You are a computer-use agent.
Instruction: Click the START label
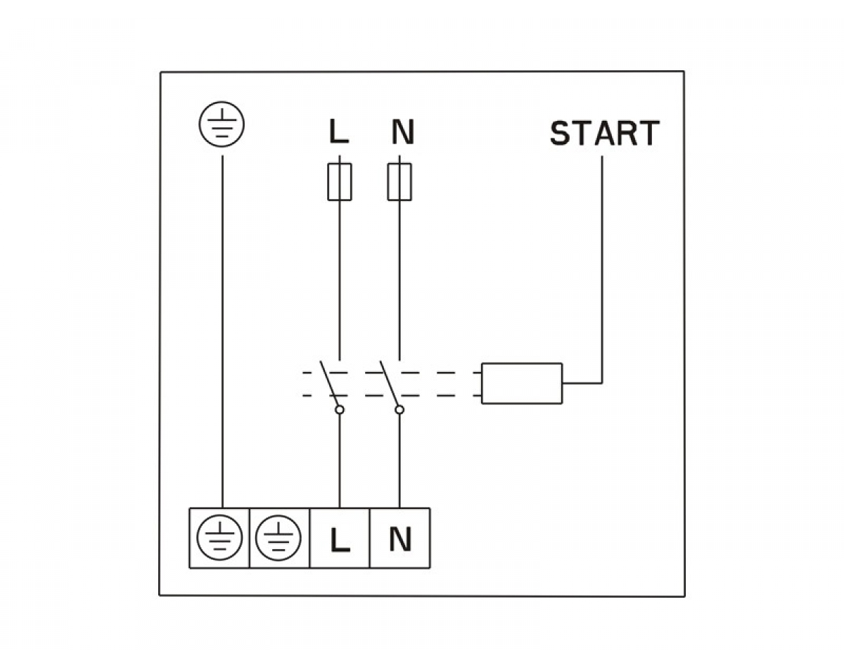tap(604, 134)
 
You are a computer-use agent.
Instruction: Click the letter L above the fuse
tap(339, 132)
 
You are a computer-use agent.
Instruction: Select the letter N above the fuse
tap(402, 132)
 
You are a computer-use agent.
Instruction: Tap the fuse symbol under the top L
tap(340, 181)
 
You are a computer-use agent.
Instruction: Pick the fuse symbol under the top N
tap(399, 181)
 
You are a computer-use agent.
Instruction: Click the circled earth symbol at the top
tap(222, 124)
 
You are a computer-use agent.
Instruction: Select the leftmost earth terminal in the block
tap(219, 538)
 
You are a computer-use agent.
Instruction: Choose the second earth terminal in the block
tap(279, 538)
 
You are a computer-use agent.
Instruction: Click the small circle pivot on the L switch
tap(340, 409)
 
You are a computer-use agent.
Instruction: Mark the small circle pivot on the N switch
tap(399, 409)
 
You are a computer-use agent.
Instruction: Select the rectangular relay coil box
tap(521, 383)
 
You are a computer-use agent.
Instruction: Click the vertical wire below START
tap(602, 267)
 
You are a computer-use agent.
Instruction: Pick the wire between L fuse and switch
tap(340, 281)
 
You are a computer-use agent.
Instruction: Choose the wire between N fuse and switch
tap(399, 281)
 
